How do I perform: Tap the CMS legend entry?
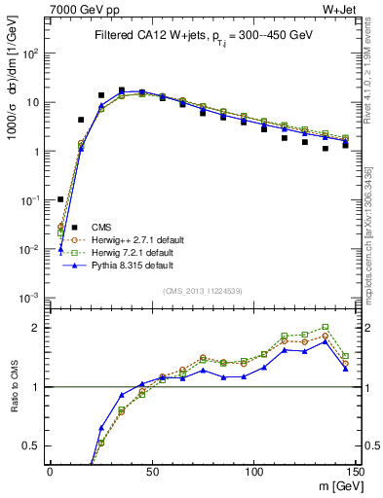pos(88,227)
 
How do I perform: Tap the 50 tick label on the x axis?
pos(151,472)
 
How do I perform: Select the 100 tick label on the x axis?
pos(253,472)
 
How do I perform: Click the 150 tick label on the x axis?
pos(355,472)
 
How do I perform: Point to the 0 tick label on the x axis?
pos(50,472)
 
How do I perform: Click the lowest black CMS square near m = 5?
pos(60,199)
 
